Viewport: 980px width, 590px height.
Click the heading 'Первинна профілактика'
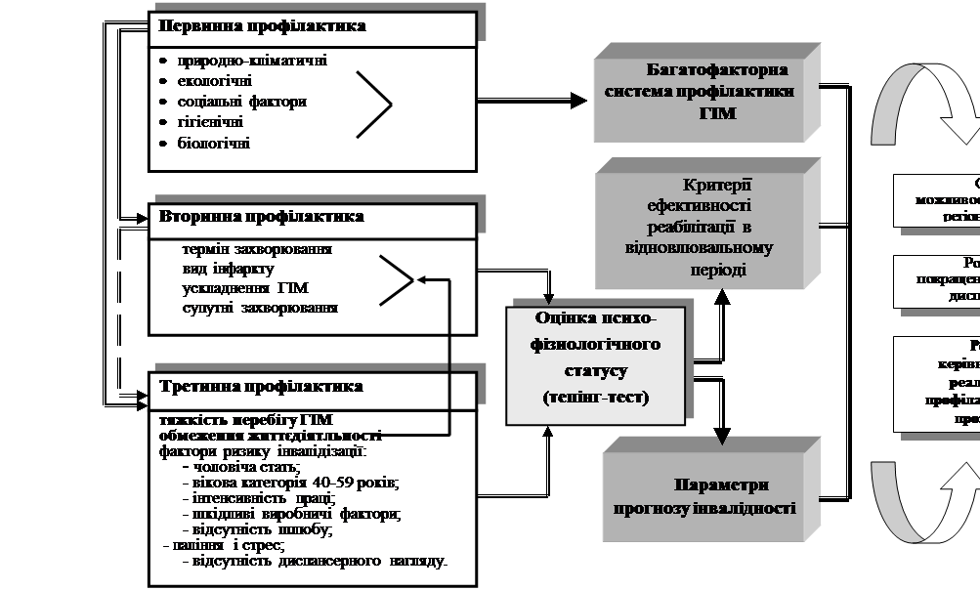pos(262,26)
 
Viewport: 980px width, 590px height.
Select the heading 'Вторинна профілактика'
pos(262,216)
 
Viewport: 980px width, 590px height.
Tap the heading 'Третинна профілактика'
pos(261,386)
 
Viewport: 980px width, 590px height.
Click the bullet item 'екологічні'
pos(214,81)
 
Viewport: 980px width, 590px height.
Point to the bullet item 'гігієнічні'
pos(210,122)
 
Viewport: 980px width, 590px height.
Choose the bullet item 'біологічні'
pos(213,143)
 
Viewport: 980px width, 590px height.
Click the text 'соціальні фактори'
pos(242,102)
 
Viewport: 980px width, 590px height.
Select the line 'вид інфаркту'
pos(228,269)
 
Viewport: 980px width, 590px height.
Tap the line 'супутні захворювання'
pos(260,309)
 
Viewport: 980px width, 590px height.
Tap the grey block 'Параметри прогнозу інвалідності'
pos(704,496)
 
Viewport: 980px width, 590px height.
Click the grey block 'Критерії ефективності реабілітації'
pos(697,227)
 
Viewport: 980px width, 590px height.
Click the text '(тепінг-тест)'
pos(596,398)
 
